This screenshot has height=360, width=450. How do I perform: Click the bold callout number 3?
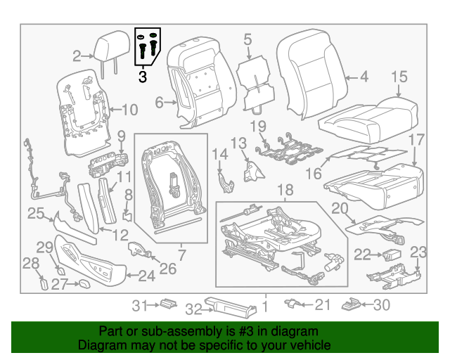click(143, 77)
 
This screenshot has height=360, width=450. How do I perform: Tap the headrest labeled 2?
click(105, 48)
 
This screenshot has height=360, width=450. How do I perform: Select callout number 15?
click(399, 77)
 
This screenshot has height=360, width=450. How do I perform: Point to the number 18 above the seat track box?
click(284, 190)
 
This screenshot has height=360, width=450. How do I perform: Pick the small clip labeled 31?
click(167, 304)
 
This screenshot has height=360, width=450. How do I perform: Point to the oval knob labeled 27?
click(82, 284)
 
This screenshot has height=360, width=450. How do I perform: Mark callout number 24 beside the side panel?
click(146, 276)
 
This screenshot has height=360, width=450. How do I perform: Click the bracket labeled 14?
click(226, 181)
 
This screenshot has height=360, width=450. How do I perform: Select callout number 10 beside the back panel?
click(130, 110)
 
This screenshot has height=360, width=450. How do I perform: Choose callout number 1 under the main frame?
click(265, 306)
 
